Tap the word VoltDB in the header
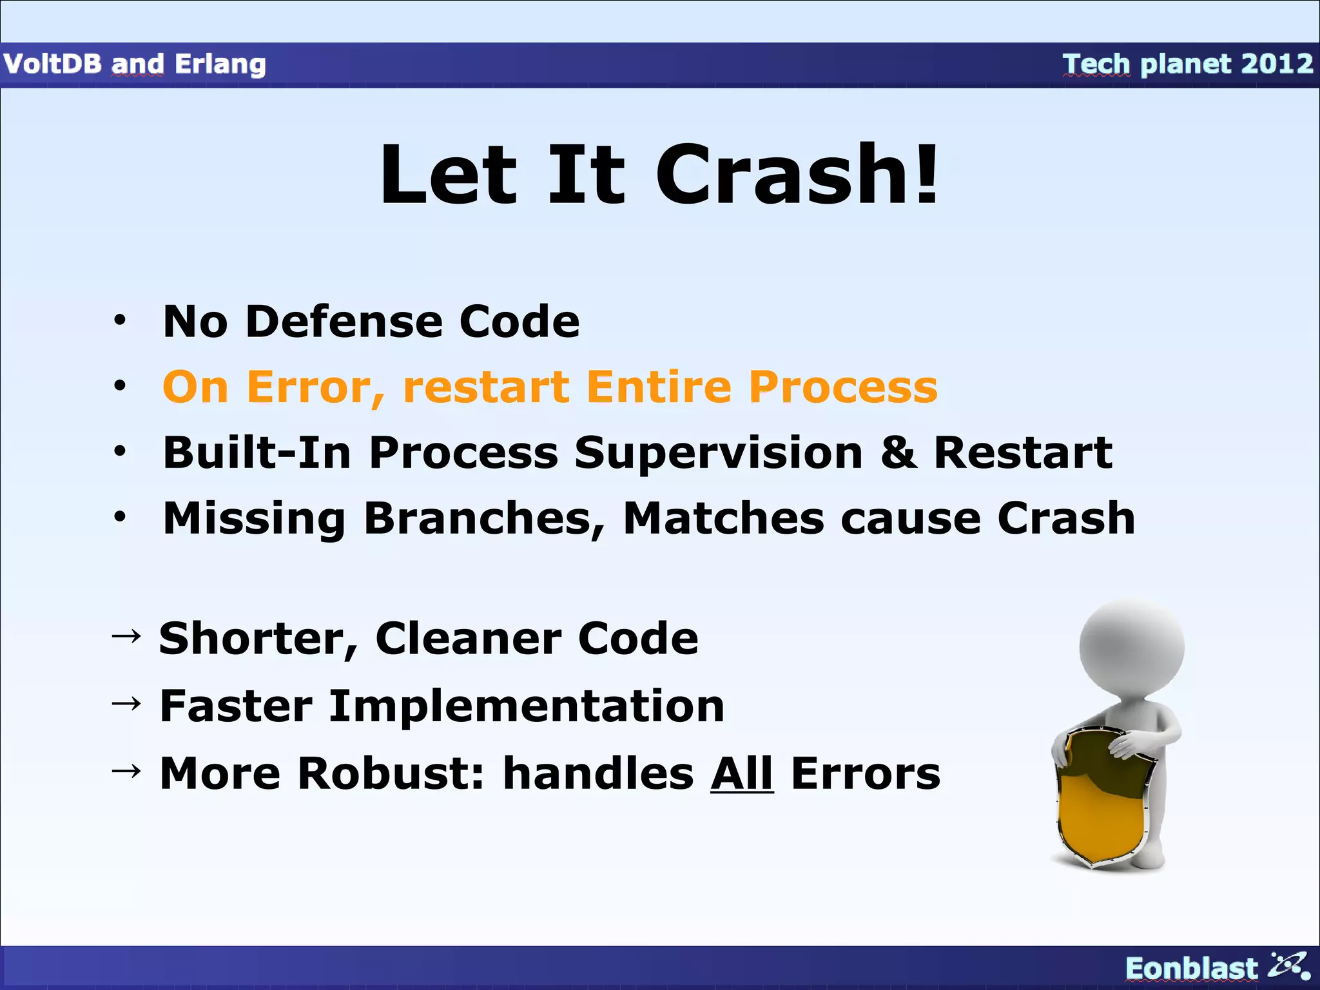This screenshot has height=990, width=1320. point(53,64)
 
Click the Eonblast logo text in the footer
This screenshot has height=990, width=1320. point(1190,968)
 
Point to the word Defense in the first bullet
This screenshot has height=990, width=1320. point(344,322)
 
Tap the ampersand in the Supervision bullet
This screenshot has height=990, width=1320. point(899,452)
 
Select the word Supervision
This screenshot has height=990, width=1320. point(718,454)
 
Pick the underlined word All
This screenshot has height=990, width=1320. point(742,773)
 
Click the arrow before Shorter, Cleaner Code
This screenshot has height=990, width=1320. point(126,637)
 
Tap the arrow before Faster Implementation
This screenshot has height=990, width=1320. point(126,704)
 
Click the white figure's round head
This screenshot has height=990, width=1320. point(1132,646)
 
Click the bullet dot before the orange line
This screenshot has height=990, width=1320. point(120,386)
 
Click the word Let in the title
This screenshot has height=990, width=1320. point(449,175)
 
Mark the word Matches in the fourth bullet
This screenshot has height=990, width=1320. point(723,518)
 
